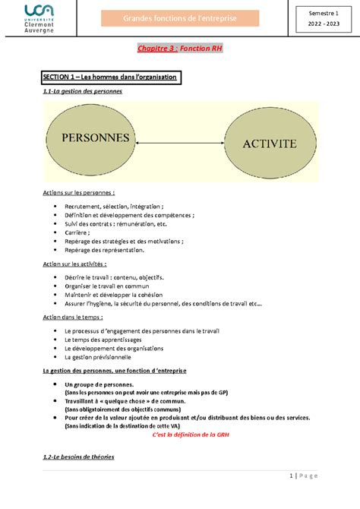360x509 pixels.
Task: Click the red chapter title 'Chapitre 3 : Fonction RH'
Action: tap(179, 49)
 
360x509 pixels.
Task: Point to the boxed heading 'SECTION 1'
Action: tap(109, 77)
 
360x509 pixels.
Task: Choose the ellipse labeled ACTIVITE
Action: tap(270, 142)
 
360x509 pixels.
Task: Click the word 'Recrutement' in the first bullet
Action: tap(84, 206)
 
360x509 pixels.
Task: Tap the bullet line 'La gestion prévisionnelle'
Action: tap(98, 357)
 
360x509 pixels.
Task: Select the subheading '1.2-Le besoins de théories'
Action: tap(78, 457)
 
